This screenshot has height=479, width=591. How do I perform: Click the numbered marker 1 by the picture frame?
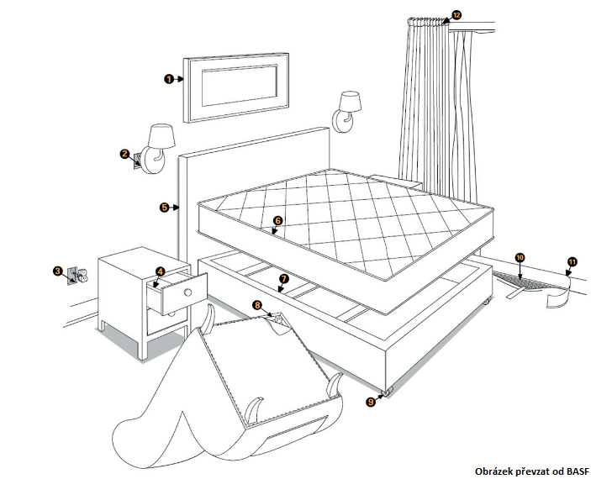(x=169, y=79)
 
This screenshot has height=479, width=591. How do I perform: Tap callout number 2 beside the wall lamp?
(x=124, y=154)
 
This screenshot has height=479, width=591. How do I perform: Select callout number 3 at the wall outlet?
(x=57, y=271)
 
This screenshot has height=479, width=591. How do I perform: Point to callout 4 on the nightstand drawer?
(x=160, y=271)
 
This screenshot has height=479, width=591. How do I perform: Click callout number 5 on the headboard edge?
(x=164, y=206)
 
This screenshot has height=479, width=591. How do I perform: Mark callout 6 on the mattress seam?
(x=278, y=221)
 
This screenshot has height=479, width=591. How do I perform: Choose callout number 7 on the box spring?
(x=283, y=278)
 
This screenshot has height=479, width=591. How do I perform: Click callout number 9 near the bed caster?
(x=371, y=402)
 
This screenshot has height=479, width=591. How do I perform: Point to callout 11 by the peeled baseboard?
(x=571, y=262)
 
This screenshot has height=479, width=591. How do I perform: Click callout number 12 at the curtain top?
(x=456, y=15)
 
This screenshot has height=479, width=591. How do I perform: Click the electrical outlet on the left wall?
(x=74, y=274)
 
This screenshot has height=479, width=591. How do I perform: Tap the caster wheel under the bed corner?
(x=388, y=391)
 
